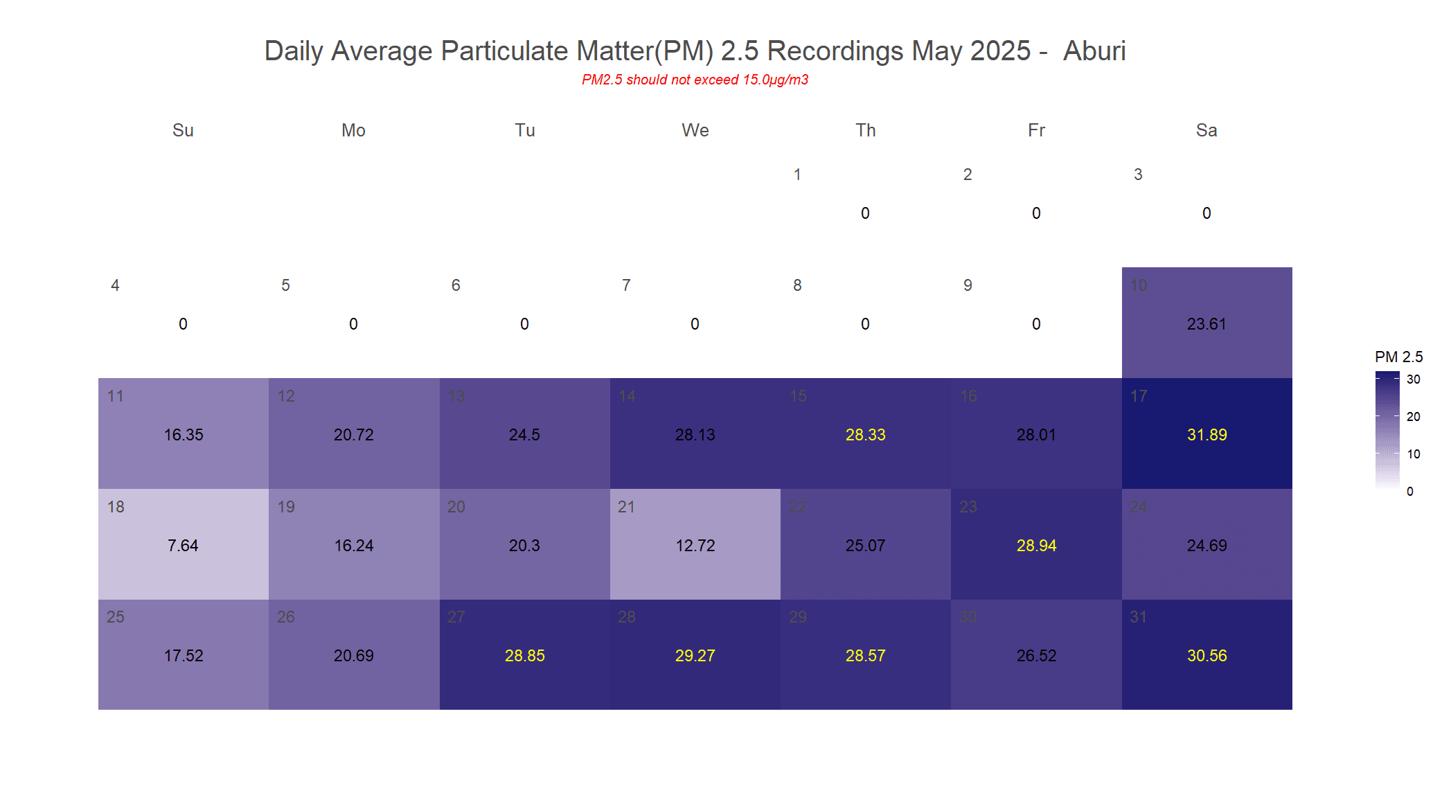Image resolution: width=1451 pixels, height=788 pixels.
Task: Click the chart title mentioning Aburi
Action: tap(695, 51)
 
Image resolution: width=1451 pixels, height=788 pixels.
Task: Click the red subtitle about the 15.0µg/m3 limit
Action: tap(695, 80)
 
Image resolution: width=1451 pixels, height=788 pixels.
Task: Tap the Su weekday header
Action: tap(183, 130)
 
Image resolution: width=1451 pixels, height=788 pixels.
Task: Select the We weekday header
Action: tap(695, 130)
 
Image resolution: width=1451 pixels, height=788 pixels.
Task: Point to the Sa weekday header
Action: tap(1206, 130)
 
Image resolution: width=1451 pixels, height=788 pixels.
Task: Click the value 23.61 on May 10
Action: tap(1207, 324)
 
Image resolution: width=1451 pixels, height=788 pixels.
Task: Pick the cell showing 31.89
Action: tap(1207, 435)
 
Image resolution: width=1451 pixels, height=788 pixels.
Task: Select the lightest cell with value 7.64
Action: tap(183, 546)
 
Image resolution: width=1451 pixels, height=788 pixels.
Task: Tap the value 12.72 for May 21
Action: tap(695, 546)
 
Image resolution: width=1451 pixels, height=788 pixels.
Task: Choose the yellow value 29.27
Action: tap(695, 656)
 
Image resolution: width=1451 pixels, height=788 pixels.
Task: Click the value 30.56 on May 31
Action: tap(1207, 656)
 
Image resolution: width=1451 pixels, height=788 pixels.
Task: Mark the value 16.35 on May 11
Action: tap(184, 435)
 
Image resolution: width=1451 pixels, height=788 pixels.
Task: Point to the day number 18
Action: tap(116, 507)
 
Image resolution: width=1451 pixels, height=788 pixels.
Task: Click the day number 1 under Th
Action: tap(797, 174)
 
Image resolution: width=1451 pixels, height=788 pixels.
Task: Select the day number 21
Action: tap(626, 507)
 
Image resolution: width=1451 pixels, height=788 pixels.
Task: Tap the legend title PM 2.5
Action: tap(1398, 357)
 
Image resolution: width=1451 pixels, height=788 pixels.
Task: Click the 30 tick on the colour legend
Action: tap(1413, 379)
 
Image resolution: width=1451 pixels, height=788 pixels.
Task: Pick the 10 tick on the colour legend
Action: tap(1413, 454)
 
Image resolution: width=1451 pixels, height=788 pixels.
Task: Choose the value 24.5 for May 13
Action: tap(524, 435)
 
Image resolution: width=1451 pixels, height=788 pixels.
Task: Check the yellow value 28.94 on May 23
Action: tap(1036, 546)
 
